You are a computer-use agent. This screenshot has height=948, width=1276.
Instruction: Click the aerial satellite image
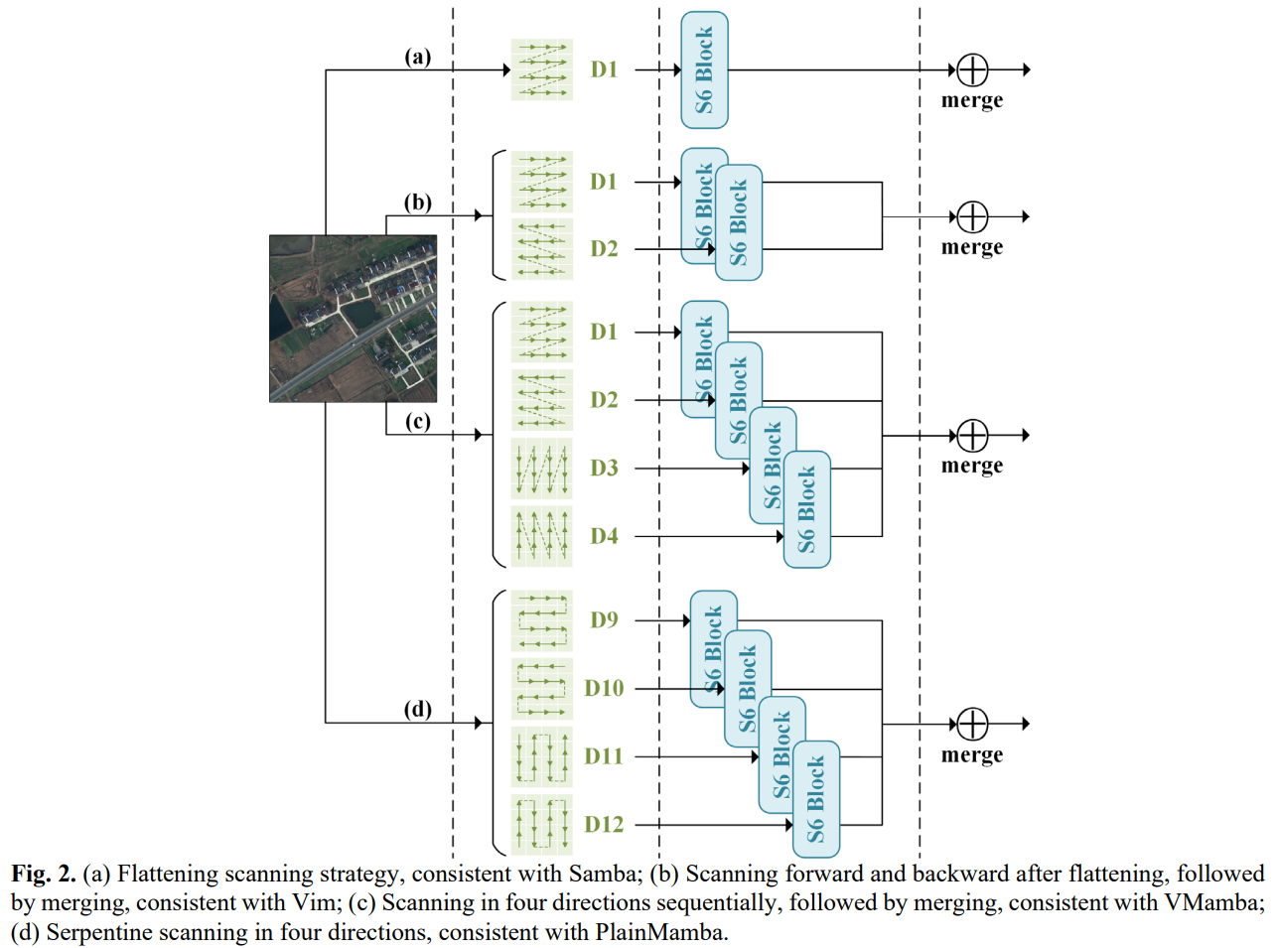353,318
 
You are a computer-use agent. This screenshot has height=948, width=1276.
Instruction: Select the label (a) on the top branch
418,57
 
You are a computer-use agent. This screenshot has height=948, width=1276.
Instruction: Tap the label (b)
418,203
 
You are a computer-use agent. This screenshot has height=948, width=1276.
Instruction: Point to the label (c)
418,421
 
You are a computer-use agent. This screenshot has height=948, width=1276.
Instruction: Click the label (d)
418,709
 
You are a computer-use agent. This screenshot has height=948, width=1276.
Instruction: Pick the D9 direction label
604,620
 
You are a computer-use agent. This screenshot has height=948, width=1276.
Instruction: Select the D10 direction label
604,688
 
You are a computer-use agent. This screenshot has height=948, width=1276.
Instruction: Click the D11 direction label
604,756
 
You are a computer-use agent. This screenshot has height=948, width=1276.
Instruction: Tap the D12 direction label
604,825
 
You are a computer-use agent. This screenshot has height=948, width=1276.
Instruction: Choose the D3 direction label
604,468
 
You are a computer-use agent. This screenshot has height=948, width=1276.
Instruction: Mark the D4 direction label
604,536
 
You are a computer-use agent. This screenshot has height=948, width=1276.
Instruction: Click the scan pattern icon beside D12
542,824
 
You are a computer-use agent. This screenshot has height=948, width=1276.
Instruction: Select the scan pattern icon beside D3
542,469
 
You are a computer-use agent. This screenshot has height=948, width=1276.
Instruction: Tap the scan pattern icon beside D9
542,621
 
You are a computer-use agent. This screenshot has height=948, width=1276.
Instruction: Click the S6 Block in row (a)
704,69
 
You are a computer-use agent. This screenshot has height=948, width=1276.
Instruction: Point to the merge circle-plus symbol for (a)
972,69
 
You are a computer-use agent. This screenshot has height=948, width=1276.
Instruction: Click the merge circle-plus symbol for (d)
972,724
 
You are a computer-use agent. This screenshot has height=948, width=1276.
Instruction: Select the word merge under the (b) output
972,247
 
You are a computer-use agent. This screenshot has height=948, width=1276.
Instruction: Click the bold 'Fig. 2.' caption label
44,874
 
